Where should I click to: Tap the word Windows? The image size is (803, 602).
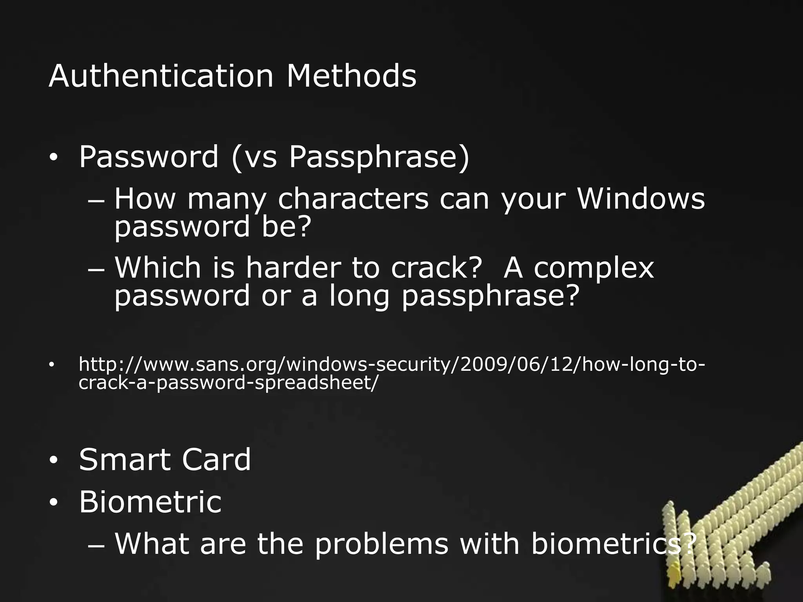tap(641, 199)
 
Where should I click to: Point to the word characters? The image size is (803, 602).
tap(353, 199)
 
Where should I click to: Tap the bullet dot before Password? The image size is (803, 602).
tap(53, 158)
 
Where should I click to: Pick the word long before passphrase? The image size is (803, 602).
tap(359, 297)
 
